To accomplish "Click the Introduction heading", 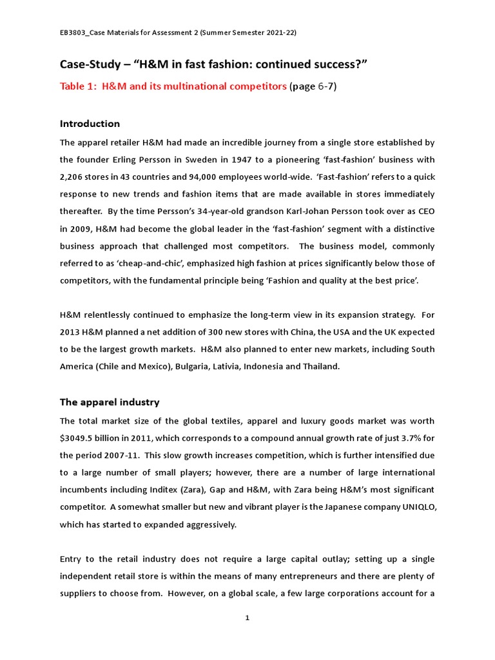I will coord(90,123).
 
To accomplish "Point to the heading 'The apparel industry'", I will coord(109,402).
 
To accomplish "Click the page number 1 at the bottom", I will coord(247,617).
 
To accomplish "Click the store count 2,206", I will coord(73,177).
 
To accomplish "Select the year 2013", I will coord(72,332).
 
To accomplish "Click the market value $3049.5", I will coord(77,437).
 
